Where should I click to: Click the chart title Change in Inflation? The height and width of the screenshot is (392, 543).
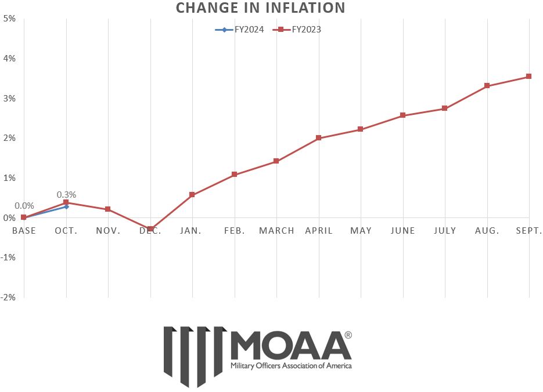pos(260,8)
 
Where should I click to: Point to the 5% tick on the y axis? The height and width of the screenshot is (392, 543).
pos(9,19)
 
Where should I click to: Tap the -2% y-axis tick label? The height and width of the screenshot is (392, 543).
pos(8,297)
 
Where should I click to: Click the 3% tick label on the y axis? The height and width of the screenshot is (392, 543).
pos(9,98)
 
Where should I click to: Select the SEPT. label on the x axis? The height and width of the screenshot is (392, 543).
pos(528,231)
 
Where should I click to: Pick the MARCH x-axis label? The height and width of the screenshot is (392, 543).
pos(276,231)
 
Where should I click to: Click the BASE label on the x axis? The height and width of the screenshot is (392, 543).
pos(24,231)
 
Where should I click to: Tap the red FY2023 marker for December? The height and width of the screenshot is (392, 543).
pos(150,229)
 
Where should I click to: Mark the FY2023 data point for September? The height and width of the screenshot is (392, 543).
pos(528,77)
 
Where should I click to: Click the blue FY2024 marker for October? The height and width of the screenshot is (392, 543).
pos(66,206)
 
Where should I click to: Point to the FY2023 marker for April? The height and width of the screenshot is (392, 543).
pos(319,138)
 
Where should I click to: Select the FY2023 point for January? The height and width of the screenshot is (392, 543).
pos(192,195)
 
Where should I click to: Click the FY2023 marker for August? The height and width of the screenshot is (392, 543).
pos(487,86)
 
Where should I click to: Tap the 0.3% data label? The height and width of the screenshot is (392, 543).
pos(66,194)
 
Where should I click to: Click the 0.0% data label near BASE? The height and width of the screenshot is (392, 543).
pos(24,206)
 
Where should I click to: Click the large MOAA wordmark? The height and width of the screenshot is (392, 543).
pos(290,346)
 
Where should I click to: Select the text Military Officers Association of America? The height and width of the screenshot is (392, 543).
pos(291,366)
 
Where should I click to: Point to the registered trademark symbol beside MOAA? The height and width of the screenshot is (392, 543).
pos(348,335)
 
